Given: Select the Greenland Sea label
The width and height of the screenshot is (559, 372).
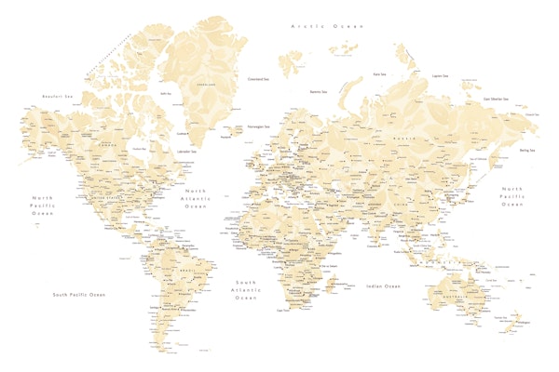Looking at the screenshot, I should [260, 79].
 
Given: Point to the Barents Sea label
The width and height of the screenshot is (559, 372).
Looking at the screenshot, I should [319, 91].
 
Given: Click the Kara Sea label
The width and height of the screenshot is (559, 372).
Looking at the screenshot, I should [379, 73].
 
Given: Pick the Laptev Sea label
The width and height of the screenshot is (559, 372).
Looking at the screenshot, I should [440, 75].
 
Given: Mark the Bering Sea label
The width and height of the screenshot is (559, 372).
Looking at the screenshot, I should [527, 149].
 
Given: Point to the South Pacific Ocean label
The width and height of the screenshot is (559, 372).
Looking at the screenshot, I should [78, 294].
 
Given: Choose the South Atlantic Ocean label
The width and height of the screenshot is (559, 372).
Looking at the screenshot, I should [246, 289].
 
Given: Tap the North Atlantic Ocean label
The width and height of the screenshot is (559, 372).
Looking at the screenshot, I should [196, 198].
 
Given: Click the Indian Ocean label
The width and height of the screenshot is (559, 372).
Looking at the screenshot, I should [383, 286].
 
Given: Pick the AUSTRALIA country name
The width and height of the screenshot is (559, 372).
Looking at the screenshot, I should [457, 297].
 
